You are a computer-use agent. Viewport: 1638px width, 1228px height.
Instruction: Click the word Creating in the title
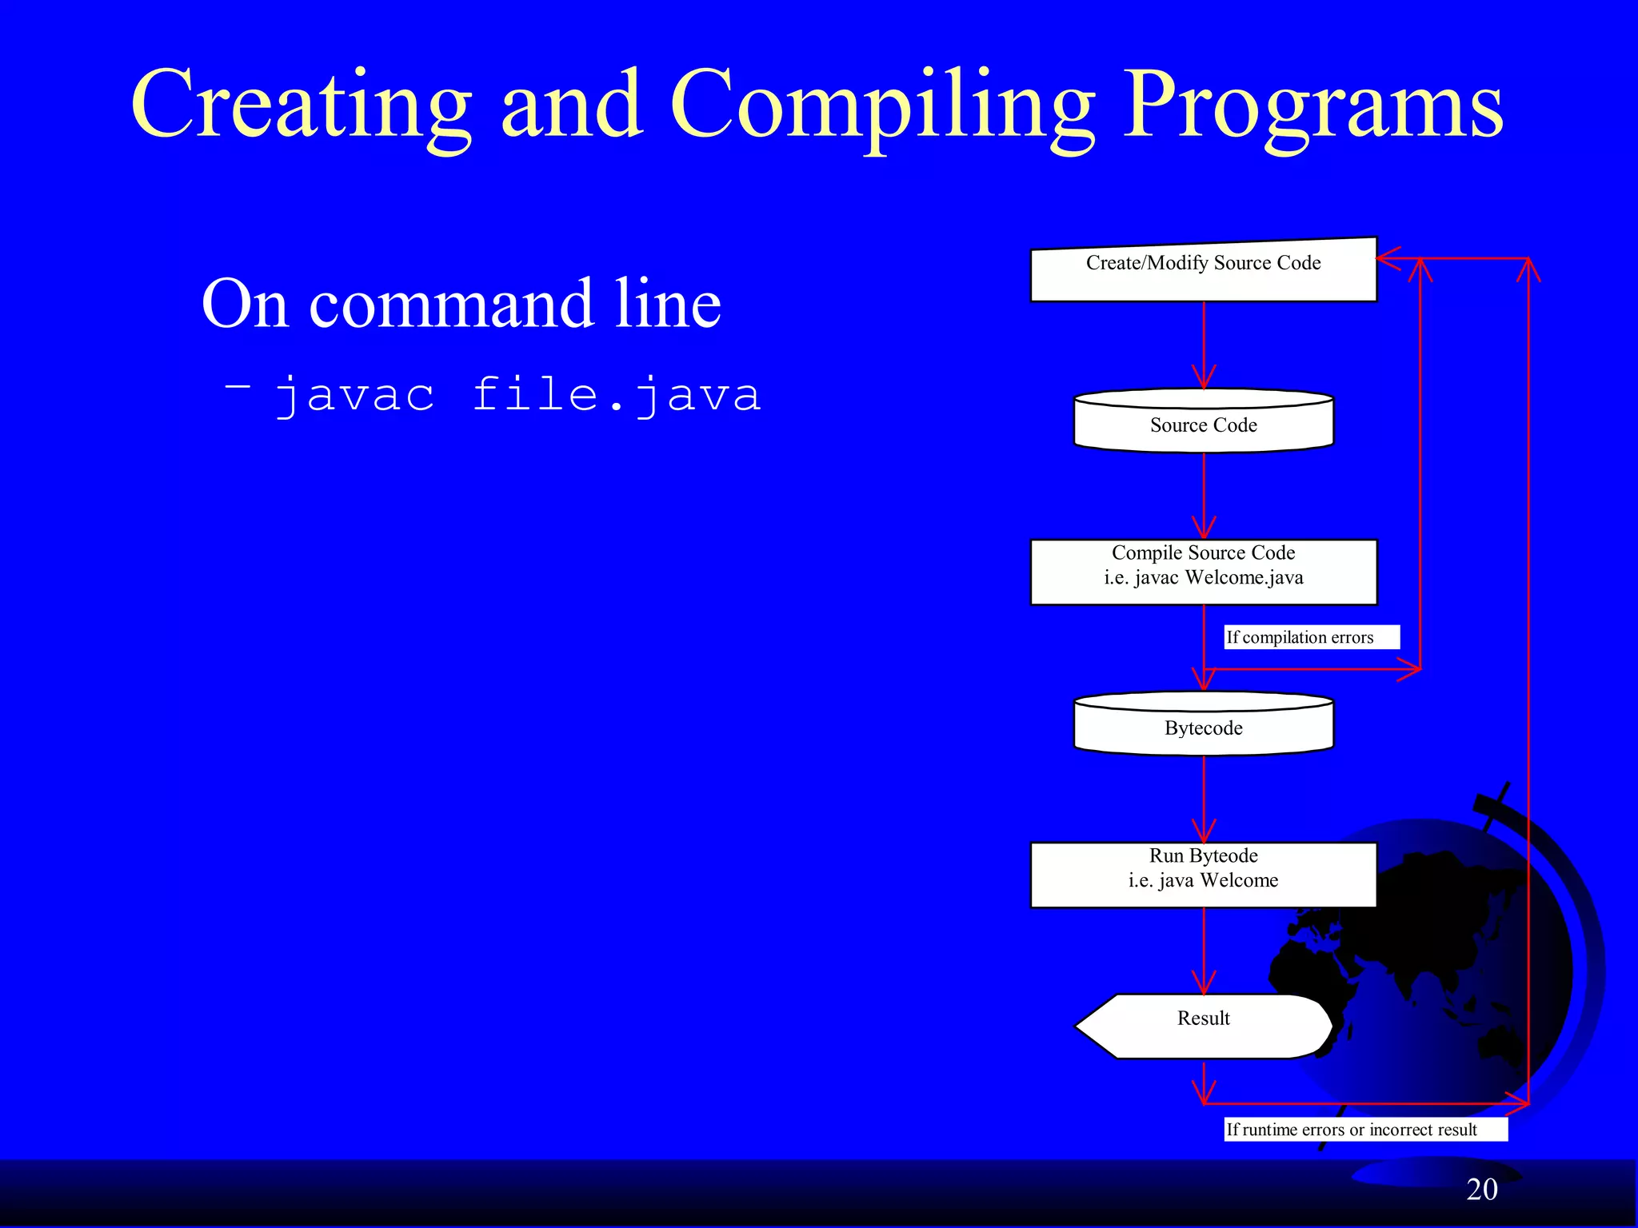[302, 104]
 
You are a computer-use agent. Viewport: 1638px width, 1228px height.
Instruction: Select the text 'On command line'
[461, 304]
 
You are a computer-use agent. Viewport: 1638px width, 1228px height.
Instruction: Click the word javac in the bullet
[355, 395]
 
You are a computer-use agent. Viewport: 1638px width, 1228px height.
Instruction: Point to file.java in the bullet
[616, 395]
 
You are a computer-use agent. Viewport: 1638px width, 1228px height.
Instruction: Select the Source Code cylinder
[1203, 422]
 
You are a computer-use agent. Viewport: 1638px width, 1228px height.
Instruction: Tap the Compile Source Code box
[1203, 571]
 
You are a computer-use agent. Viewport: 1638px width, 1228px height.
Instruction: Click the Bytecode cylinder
[1203, 725]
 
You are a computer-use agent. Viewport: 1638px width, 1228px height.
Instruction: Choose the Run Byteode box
[1203, 874]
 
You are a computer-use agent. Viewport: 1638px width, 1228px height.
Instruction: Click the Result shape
[1203, 1026]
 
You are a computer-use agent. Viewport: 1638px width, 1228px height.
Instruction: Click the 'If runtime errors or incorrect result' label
[1364, 1130]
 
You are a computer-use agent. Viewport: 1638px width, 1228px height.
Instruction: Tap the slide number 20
[1481, 1190]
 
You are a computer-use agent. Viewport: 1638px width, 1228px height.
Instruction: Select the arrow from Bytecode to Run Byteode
[1204, 799]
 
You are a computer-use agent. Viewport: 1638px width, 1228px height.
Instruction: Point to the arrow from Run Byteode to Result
[1204, 951]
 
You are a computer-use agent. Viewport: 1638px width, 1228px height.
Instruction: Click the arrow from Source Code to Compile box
[1204, 496]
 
